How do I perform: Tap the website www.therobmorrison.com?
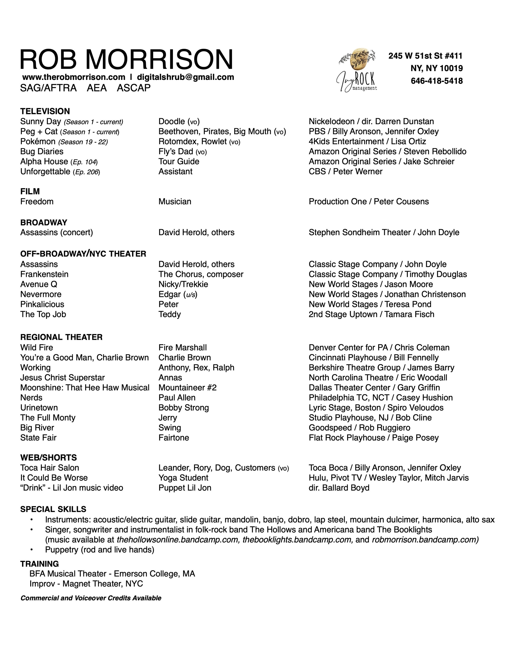[x=74, y=77]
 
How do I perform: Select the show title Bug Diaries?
[x=42, y=152]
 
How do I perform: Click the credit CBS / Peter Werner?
[x=345, y=172]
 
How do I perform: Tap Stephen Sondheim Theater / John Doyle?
[x=384, y=233]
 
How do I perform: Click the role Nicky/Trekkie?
[x=183, y=284]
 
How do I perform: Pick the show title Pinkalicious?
[x=42, y=304]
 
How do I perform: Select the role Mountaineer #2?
[x=187, y=388]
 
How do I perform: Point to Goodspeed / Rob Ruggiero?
[x=359, y=428]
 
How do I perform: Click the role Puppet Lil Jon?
[x=185, y=488]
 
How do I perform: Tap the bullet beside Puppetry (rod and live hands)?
[x=31, y=550]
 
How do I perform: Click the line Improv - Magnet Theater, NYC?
[x=86, y=584]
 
